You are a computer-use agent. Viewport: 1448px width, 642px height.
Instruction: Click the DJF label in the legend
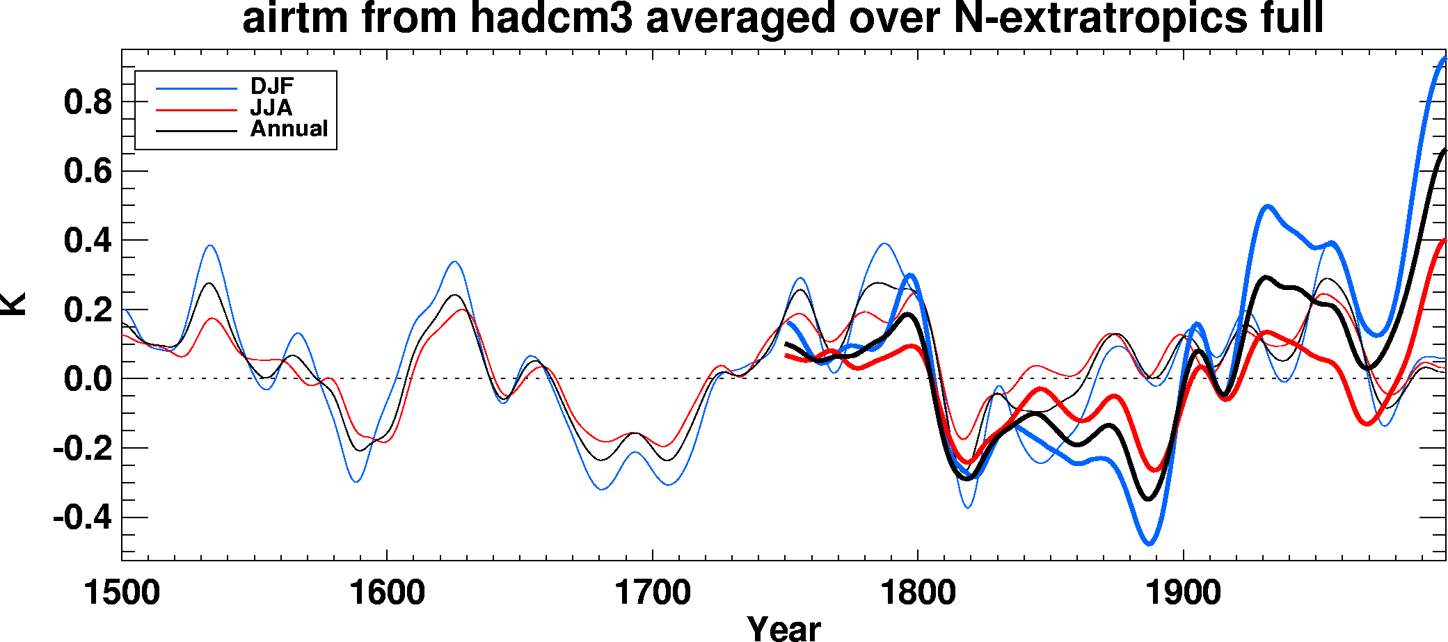point(272,86)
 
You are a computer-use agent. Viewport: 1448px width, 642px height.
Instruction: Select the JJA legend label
point(271,108)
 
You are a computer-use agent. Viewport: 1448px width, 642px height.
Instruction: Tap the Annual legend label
point(289,129)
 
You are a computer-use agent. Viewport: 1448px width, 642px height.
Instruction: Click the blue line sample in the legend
point(197,88)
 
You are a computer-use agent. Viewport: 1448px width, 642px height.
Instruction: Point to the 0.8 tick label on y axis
point(88,103)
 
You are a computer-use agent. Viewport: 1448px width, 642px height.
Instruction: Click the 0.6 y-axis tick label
point(88,171)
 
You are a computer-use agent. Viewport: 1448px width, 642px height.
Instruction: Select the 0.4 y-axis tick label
point(88,241)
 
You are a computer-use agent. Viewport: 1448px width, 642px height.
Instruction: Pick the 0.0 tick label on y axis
point(88,380)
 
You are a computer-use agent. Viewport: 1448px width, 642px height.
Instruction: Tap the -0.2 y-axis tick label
point(82,449)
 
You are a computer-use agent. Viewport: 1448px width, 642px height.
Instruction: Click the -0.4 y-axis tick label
point(82,518)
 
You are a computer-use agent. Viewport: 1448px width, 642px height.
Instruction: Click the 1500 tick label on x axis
point(122,593)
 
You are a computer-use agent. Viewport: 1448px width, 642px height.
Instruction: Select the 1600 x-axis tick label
point(387,593)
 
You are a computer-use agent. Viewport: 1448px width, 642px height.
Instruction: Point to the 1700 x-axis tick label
point(652,593)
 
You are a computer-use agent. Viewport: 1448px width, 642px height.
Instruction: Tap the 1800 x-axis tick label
point(918,593)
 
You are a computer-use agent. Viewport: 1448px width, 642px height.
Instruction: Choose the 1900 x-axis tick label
point(1183,593)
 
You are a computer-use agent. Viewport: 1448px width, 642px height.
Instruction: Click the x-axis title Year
point(783,628)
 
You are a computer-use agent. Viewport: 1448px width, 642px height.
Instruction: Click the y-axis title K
point(14,305)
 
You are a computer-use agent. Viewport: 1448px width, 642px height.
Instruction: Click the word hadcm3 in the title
point(552,19)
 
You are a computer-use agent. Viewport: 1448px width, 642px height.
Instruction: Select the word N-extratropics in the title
point(1101,19)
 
